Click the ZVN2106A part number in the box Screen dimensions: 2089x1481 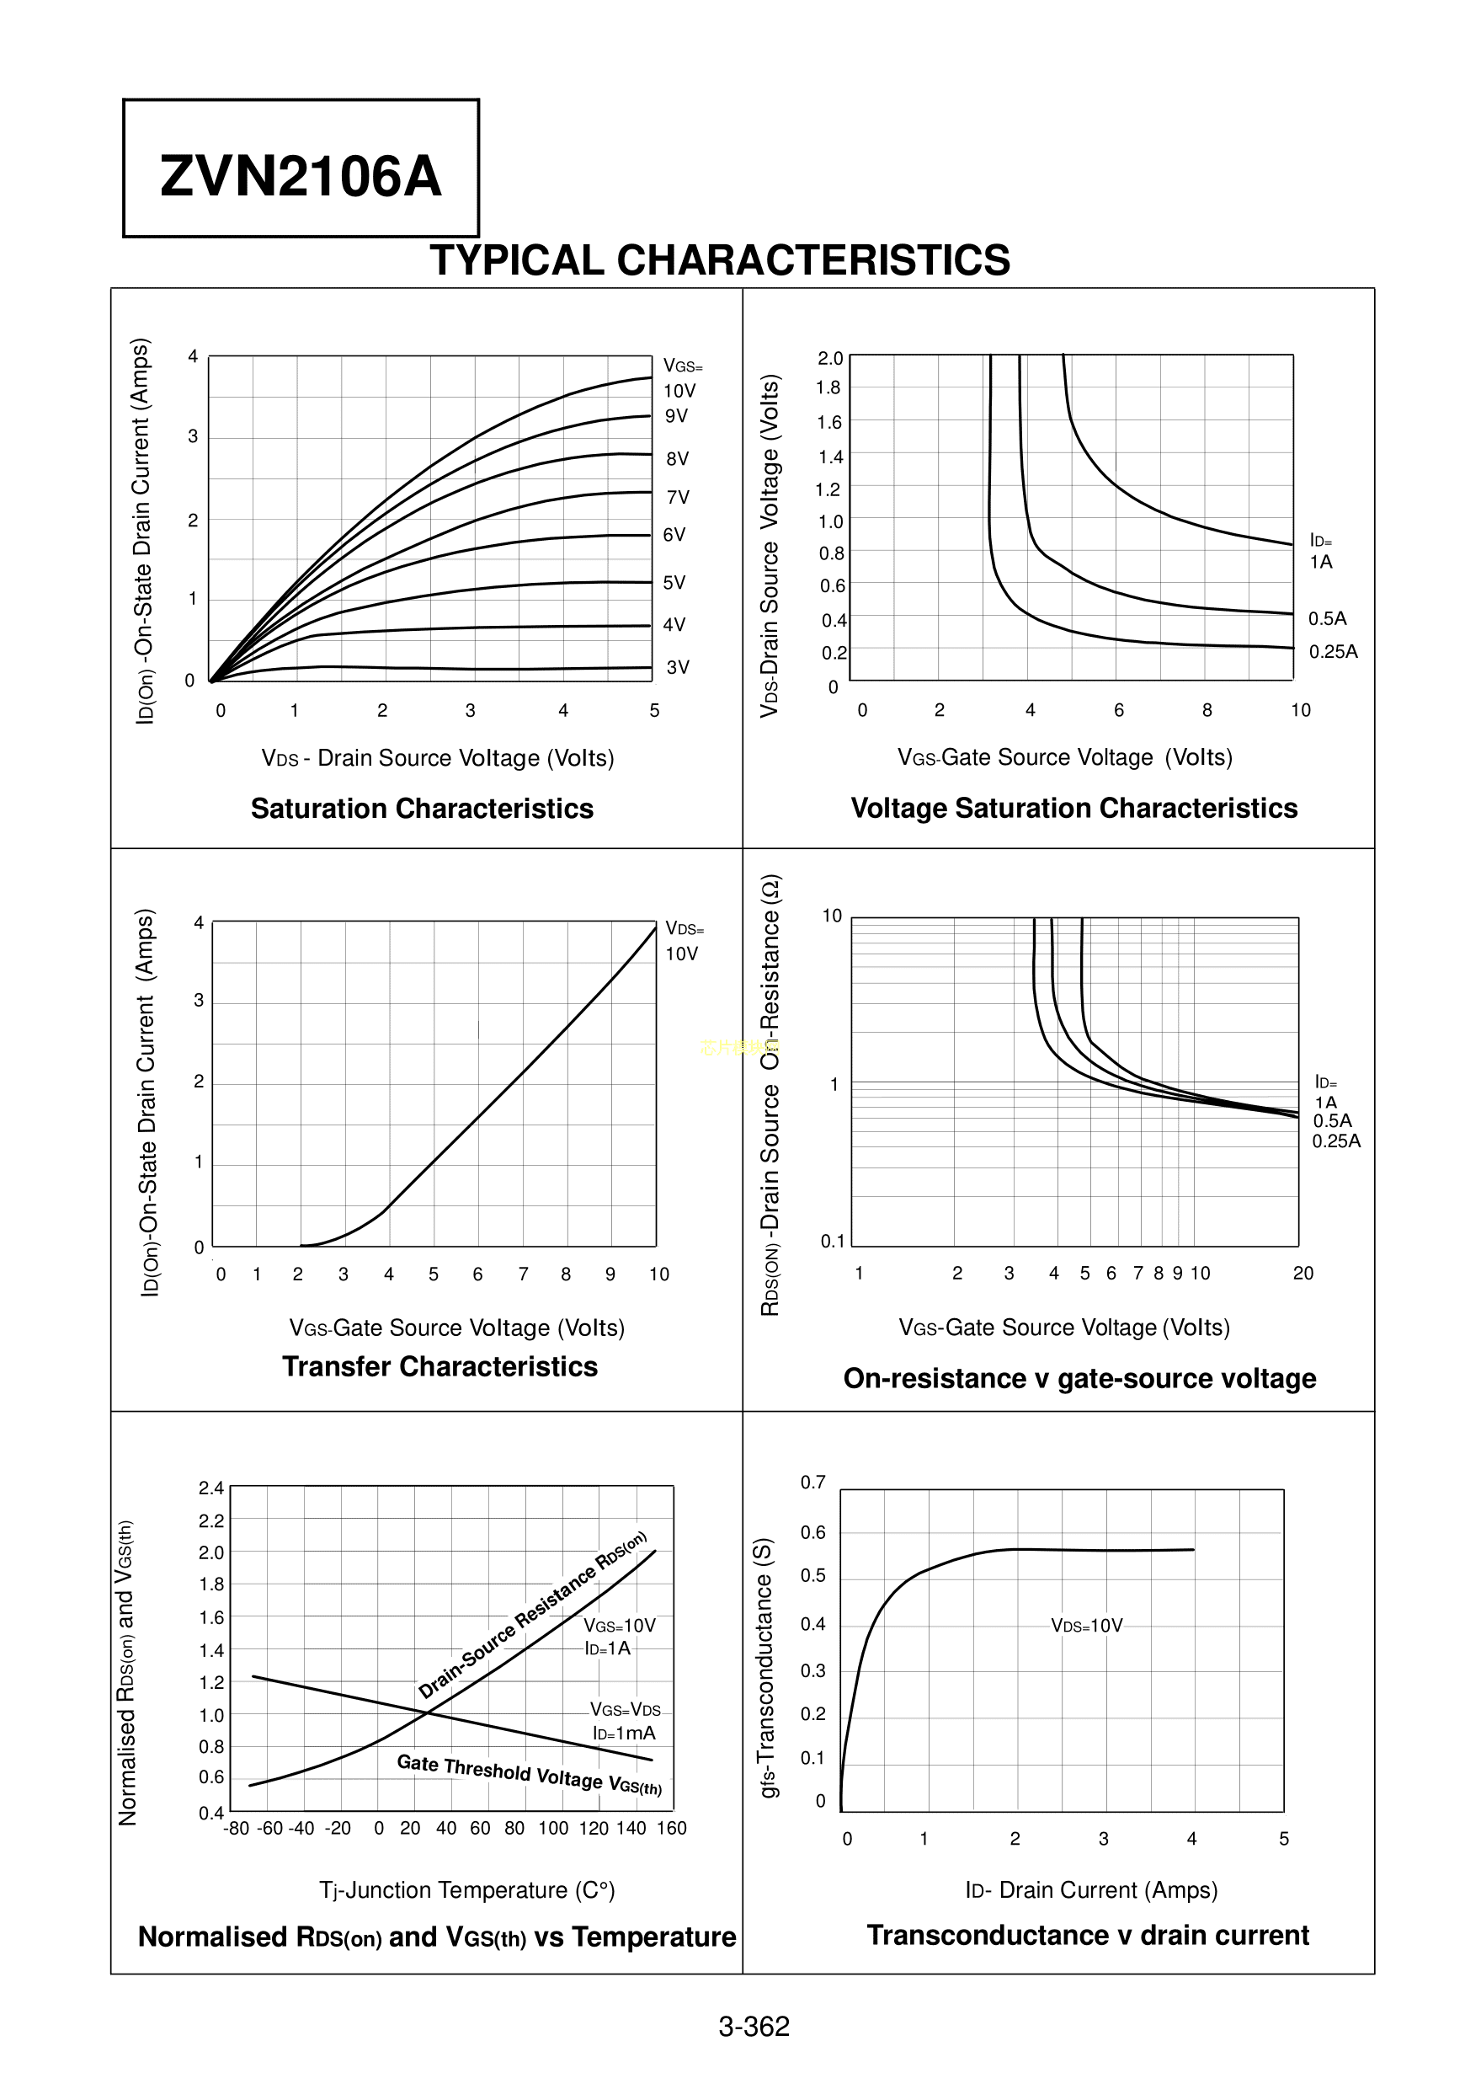pyautogui.click(x=300, y=176)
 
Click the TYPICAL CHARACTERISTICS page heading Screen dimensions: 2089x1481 pyautogui.click(x=720, y=260)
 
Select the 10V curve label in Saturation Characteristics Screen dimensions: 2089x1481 pyautogui.click(x=679, y=391)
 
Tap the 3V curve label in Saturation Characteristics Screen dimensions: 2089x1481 pyautogui.click(x=678, y=667)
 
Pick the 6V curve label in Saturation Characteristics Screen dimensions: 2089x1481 pyautogui.click(x=674, y=535)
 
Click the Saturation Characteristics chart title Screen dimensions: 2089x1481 pyautogui.click(x=421, y=809)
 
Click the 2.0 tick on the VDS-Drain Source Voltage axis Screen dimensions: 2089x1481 pyautogui.click(x=830, y=358)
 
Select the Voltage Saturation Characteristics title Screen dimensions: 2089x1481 pyautogui.click(x=1073, y=809)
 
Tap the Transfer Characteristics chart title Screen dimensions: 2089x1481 pyautogui.click(x=440, y=1366)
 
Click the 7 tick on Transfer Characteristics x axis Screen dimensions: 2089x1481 pyautogui.click(x=523, y=1274)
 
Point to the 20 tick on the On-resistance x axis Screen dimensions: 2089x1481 pyautogui.click(x=1303, y=1274)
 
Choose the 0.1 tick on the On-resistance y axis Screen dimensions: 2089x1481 pyautogui.click(x=833, y=1241)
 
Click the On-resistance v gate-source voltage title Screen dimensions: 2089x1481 pyautogui.click(x=1079, y=1377)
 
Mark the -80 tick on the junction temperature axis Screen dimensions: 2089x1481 pyautogui.click(x=237, y=1828)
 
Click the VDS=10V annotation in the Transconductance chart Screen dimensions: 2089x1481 pyautogui.click(x=1087, y=1626)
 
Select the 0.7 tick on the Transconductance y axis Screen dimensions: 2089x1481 pyautogui.click(x=812, y=1483)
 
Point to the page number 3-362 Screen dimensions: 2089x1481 pyautogui.click(x=754, y=2027)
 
